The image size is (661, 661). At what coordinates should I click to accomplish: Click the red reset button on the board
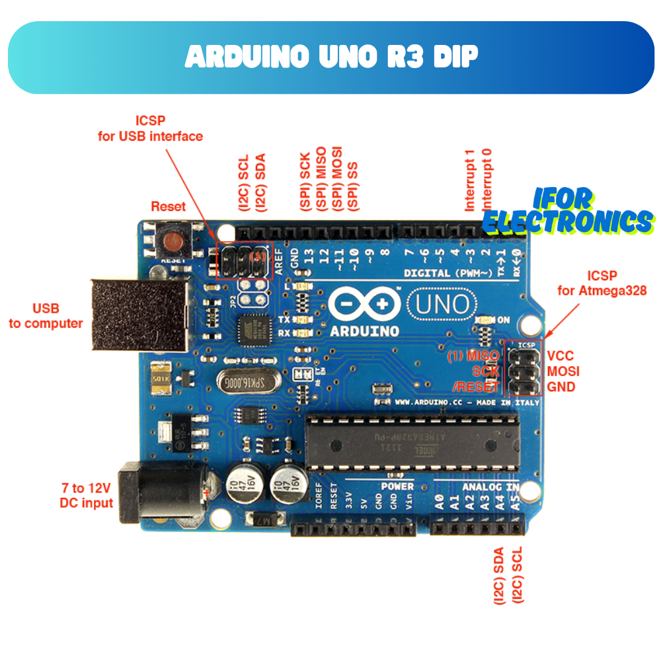point(175,241)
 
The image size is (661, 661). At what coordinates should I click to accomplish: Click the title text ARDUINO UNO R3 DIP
point(331,58)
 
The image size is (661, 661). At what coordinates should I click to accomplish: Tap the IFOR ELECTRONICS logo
point(567,212)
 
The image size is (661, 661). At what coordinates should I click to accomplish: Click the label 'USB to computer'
point(46,316)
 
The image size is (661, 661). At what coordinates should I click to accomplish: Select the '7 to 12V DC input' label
point(86,496)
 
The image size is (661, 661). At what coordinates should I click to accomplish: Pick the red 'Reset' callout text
point(168,206)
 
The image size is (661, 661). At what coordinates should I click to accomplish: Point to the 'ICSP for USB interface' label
point(150,129)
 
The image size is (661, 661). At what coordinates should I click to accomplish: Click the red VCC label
point(561,356)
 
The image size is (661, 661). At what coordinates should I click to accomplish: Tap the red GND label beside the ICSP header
point(561,387)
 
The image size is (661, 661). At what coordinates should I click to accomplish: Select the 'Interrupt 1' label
point(470,180)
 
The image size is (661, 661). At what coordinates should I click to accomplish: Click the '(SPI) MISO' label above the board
point(321,179)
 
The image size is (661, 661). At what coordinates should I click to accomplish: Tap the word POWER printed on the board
point(397,486)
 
